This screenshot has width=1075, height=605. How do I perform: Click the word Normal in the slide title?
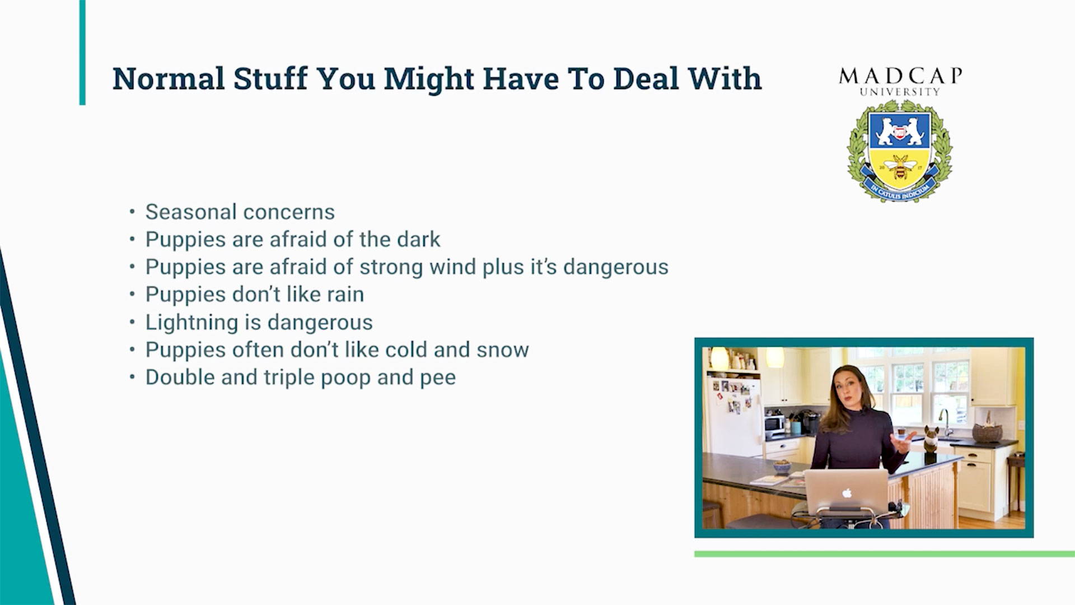coord(169,78)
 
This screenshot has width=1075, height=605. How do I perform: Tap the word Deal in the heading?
coord(646,78)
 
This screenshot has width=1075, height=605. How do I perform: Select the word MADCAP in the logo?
coord(900,76)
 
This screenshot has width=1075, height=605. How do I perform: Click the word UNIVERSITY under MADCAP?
coord(900,92)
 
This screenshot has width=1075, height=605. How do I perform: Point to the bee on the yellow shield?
coord(900,166)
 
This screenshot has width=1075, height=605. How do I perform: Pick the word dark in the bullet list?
coord(419,239)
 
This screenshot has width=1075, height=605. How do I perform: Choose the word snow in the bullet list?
coord(502,350)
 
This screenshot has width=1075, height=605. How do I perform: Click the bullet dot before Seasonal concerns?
coord(132,212)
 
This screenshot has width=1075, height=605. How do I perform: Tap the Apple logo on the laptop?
coord(847,493)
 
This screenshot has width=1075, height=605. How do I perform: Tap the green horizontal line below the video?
coord(885,554)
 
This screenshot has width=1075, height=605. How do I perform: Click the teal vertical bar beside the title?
coord(82,53)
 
